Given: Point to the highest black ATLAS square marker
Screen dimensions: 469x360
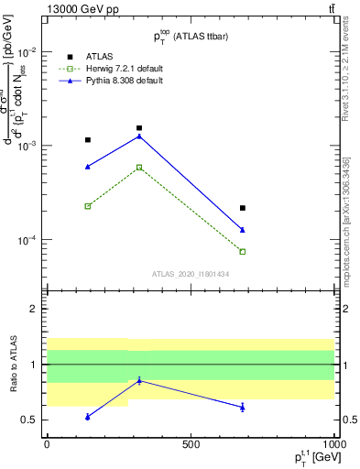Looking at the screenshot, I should [139, 128].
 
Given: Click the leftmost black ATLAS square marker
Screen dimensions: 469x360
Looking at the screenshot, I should [88, 140].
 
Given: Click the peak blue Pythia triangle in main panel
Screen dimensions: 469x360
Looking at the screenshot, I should [139, 136].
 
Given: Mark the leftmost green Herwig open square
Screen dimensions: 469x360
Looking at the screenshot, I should [88, 206].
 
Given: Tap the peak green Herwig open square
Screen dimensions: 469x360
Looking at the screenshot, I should [139, 167].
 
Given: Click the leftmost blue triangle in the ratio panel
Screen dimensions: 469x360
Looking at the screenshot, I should [88, 417].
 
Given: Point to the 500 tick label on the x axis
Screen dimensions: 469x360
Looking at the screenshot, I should [190, 444].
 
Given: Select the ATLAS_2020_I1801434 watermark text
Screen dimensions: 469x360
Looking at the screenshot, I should [191, 273].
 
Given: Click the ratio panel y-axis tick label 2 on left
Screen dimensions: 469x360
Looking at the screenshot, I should [33, 309].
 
